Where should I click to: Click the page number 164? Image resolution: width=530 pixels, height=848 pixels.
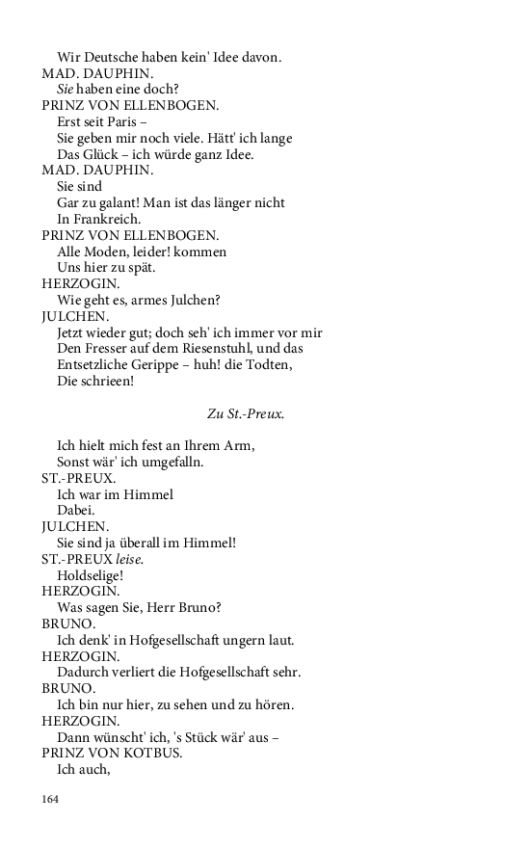[50, 799]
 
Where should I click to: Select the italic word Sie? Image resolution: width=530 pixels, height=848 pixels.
[66, 90]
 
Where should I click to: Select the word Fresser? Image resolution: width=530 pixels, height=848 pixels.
[104, 350]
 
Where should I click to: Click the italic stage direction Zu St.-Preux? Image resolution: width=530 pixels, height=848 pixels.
[246, 414]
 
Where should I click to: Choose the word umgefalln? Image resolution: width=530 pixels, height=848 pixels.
[172, 463]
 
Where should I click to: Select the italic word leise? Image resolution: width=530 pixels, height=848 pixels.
[129, 560]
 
